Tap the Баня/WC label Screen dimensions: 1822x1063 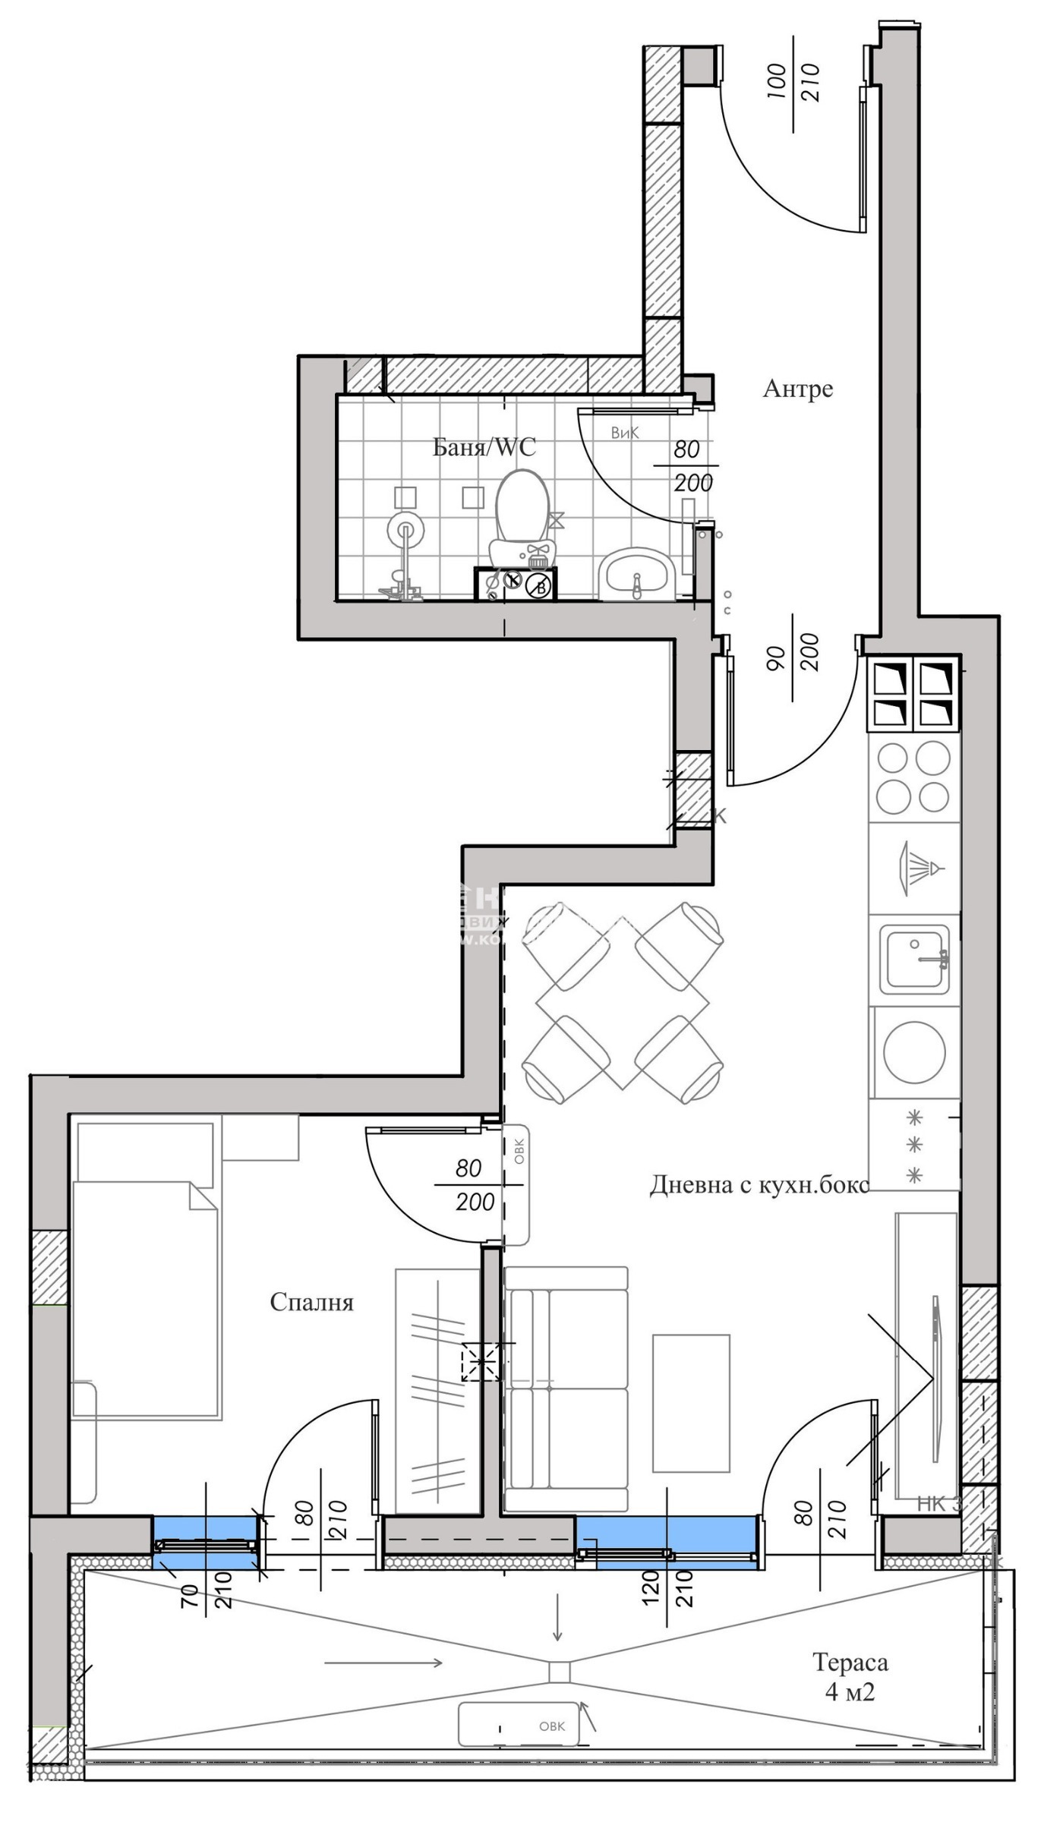(484, 447)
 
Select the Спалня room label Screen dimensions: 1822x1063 (311, 1303)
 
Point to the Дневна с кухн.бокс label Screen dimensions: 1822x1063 (759, 1185)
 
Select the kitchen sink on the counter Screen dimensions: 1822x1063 (914, 960)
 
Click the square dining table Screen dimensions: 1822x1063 (623, 1004)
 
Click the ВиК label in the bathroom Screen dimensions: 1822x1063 (625, 433)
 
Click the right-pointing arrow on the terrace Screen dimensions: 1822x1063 (383, 1663)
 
